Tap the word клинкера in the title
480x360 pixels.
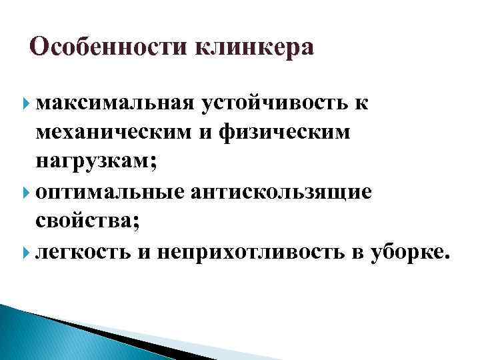click(253, 49)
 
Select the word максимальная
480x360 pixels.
click(114, 102)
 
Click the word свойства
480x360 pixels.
click(85, 222)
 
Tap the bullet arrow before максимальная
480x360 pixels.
click(27, 102)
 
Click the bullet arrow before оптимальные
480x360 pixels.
click(27, 192)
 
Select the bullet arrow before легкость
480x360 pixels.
click(27, 253)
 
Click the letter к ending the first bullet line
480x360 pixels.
click(365, 103)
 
